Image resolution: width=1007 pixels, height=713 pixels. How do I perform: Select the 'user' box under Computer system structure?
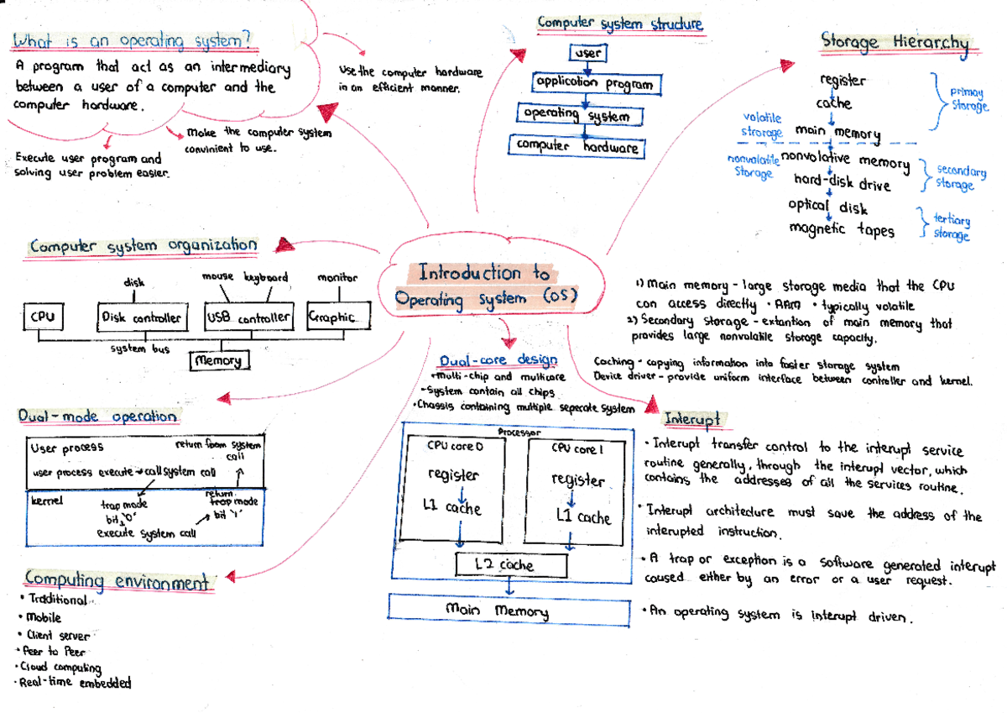tap(587, 54)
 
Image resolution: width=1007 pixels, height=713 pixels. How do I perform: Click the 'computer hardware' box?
tap(577, 146)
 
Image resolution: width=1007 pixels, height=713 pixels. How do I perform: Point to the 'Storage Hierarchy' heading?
tap(895, 42)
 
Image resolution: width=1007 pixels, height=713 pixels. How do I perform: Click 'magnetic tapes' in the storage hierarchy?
tap(842, 229)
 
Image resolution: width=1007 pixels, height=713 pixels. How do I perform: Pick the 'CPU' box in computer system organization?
tap(42, 317)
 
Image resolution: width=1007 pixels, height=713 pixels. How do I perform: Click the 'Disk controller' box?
tap(140, 317)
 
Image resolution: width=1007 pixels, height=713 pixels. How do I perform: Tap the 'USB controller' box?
tap(249, 317)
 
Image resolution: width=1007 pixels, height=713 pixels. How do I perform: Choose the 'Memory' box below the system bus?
tap(219, 360)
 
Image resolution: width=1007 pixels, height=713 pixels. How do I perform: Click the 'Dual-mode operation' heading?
tap(98, 417)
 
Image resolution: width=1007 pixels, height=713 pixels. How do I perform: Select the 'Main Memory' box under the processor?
tap(497, 610)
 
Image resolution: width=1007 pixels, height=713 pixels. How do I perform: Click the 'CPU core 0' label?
tap(456, 447)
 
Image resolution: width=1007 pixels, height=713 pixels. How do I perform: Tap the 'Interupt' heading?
tap(692, 418)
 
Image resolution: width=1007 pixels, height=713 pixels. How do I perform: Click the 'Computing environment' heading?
tap(117, 581)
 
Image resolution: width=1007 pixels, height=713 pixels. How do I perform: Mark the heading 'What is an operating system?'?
tap(132, 40)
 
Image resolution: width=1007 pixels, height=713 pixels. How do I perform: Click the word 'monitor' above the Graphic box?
tap(337, 277)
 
